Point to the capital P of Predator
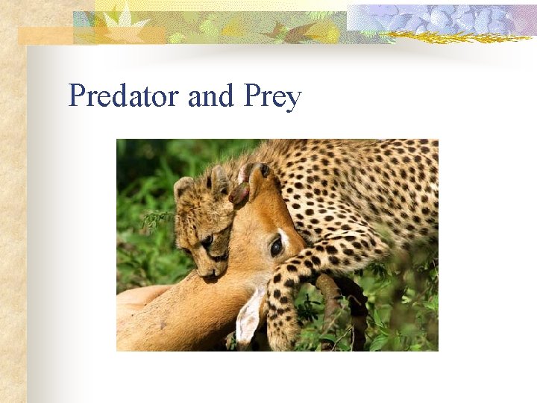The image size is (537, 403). click(x=75, y=96)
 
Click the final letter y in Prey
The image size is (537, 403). click(x=293, y=100)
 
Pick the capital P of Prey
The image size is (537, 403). click(x=251, y=96)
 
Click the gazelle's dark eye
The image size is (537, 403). click(x=276, y=246)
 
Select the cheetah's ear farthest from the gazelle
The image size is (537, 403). click(x=182, y=187)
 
